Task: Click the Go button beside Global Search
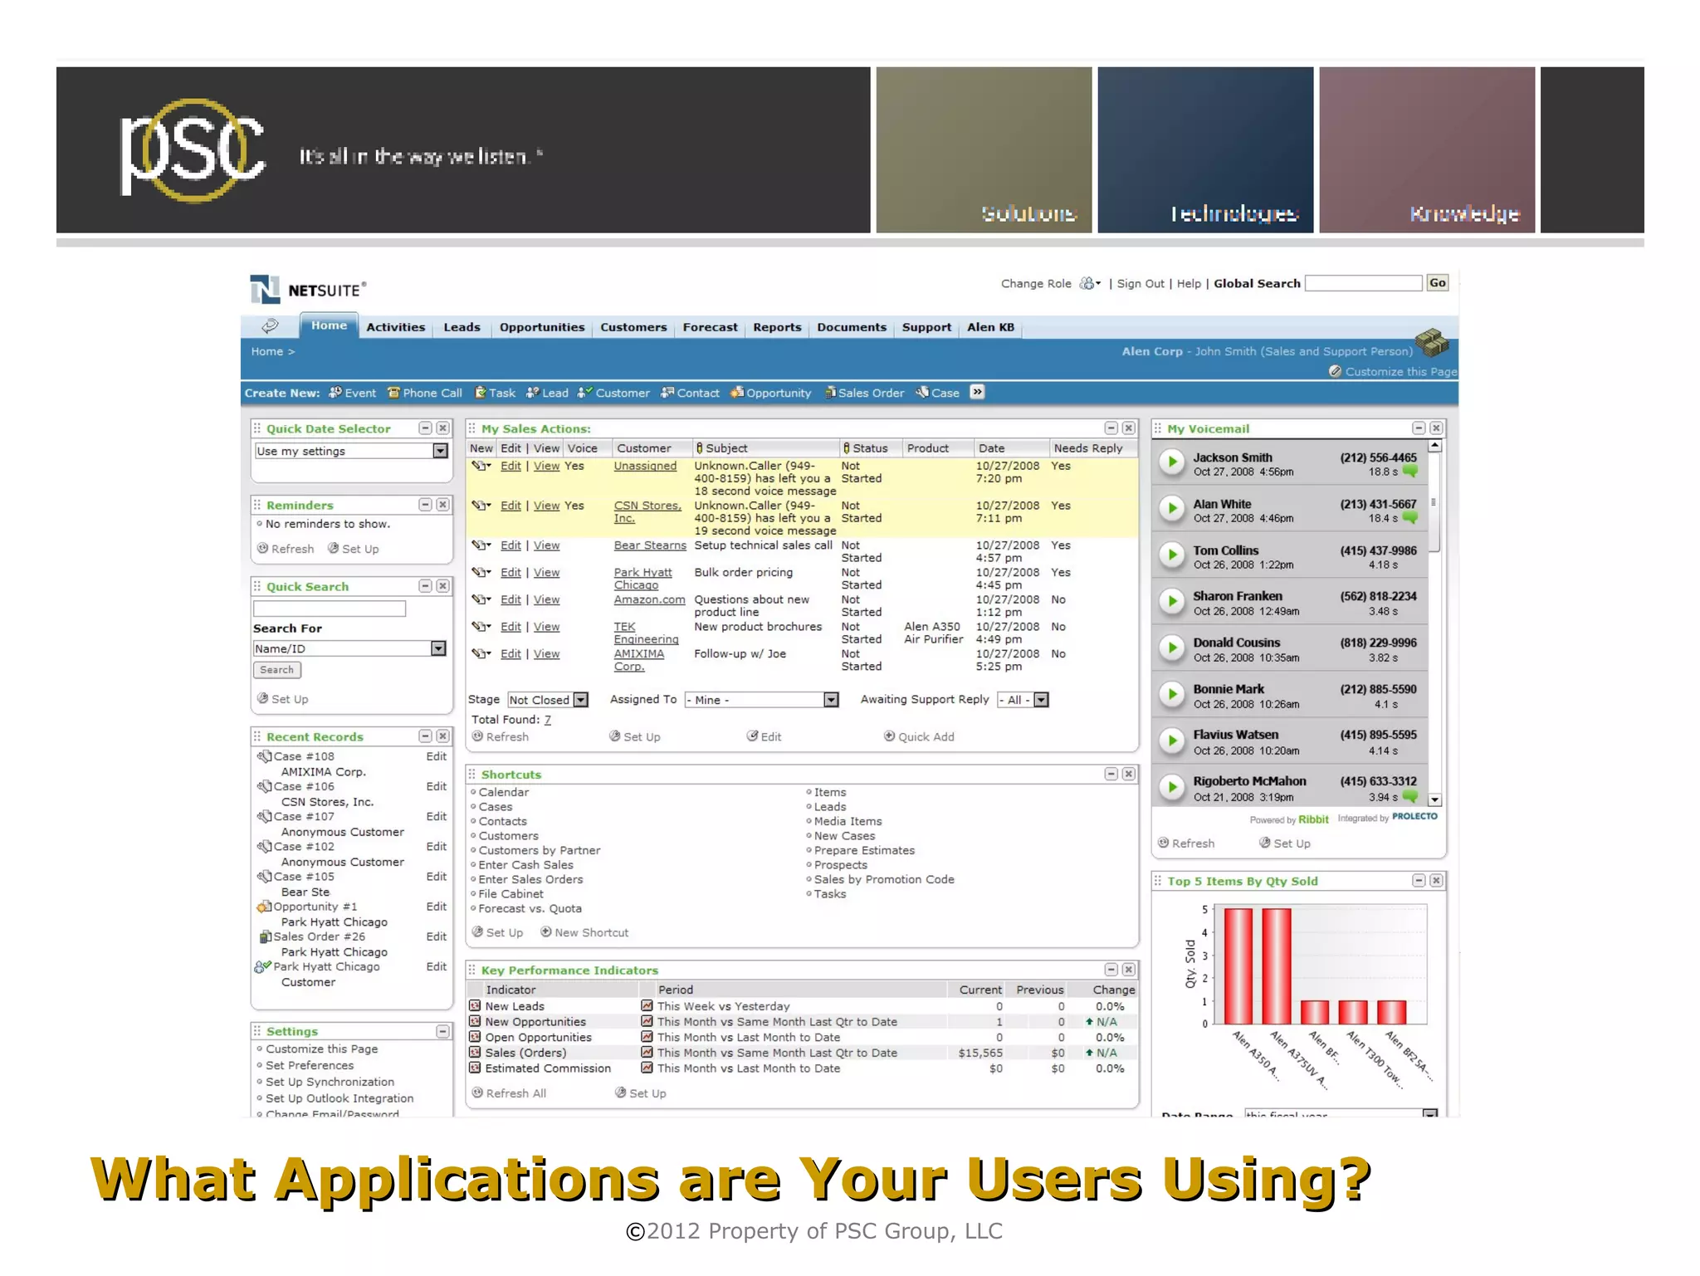tap(1437, 283)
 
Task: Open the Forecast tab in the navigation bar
tap(710, 327)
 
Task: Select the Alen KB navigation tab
tap(990, 327)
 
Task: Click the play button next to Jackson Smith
tap(1171, 462)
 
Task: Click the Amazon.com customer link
tap(649, 599)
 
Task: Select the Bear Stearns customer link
tap(650, 545)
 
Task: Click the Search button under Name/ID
tap(276, 670)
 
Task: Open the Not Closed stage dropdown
tap(548, 700)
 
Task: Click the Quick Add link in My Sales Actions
tap(926, 736)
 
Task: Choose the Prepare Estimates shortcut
tap(864, 850)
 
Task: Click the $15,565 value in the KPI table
tap(980, 1053)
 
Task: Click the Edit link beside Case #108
tap(436, 756)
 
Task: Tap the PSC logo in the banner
tap(193, 150)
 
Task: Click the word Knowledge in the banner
tap(1464, 214)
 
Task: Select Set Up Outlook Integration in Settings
tap(339, 1098)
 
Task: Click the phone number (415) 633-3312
tap(1378, 781)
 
